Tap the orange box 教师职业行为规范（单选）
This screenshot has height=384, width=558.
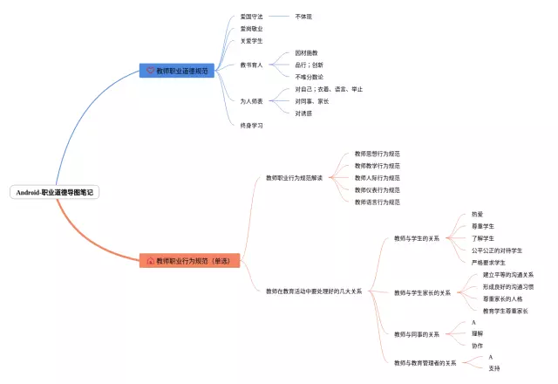tap(189, 260)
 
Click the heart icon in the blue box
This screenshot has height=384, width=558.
tap(150, 70)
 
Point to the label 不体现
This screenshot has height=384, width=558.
tap(303, 16)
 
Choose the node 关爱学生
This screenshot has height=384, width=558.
tap(252, 40)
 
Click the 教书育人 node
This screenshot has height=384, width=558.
tap(252, 65)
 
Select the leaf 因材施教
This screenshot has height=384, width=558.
tap(307, 52)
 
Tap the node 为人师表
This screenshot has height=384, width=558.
tap(252, 101)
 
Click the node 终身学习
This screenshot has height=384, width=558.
tap(252, 126)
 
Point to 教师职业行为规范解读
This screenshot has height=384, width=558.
tap(294, 178)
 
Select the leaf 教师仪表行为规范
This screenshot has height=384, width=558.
tap(378, 189)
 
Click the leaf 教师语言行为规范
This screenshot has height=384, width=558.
tap(378, 202)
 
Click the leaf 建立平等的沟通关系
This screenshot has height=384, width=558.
tap(508, 275)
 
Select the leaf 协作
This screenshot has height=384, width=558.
tap(477, 346)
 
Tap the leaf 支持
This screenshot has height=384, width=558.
tap(494, 368)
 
